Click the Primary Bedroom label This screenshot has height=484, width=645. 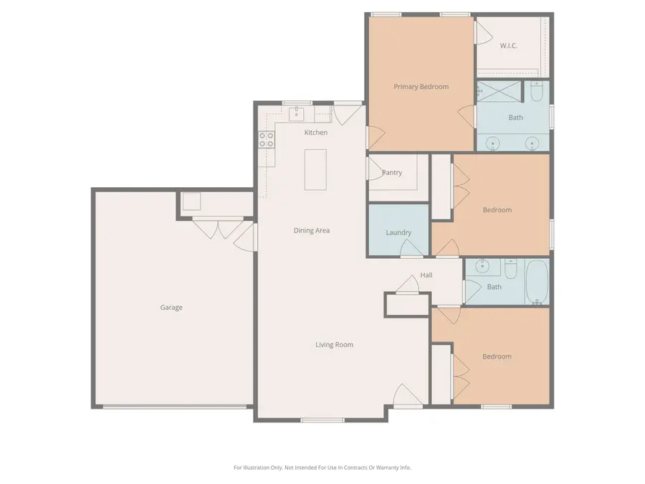click(x=421, y=87)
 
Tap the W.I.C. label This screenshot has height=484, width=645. click(x=508, y=46)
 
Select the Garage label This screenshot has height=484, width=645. click(x=171, y=308)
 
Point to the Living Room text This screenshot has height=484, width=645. click(x=334, y=345)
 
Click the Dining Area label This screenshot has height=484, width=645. click(x=312, y=231)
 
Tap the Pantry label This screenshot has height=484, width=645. click(x=392, y=173)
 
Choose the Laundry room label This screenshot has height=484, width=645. click(x=398, y=232)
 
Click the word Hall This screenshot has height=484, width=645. click(x=426, y=275)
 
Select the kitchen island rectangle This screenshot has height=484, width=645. click(x=315, y=169)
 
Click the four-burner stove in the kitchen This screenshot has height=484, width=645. click(x=266, y=139)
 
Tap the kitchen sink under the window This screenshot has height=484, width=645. click(x=297, y=114)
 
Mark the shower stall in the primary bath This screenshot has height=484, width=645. click(x=501, y=91)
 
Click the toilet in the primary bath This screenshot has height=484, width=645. click(x=537, y=92)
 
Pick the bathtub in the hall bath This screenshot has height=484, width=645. click(x=536, y=282)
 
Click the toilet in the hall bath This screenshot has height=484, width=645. click(x=511, y=269)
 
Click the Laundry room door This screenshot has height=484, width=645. click(x=411, y=248)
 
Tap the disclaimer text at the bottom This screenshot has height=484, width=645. click(x=322, y=468)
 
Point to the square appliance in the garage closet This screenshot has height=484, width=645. click(x=191, y=201)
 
